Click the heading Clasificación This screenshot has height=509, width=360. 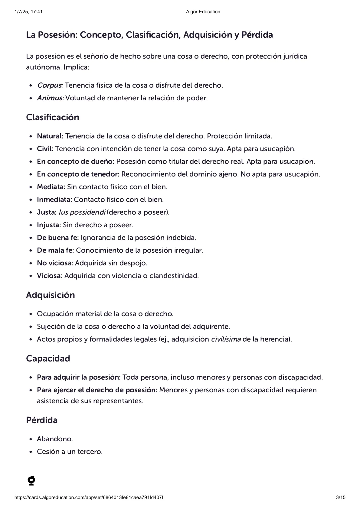pos(52,117)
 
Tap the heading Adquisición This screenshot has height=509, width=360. pos(50,295)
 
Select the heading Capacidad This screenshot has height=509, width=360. pos(48,358)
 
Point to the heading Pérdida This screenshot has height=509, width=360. pos(42,420)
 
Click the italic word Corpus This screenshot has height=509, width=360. pos(50,85)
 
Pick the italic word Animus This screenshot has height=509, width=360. pos(51,98)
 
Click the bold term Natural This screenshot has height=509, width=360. pos(50,136)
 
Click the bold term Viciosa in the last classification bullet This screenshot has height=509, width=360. pos(49,276)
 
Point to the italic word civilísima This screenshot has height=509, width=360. pos(226,339)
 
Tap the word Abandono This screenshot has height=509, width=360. pos(55,439)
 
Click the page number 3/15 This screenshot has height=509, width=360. pos(341,498)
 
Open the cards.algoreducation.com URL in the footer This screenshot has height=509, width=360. pos(89,498)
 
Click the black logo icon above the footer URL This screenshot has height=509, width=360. pos(31,481)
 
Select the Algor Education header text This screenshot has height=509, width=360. pos(203,12)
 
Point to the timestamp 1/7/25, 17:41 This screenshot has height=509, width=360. pos(28,12)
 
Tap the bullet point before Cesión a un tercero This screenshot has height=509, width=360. pos(31,452)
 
